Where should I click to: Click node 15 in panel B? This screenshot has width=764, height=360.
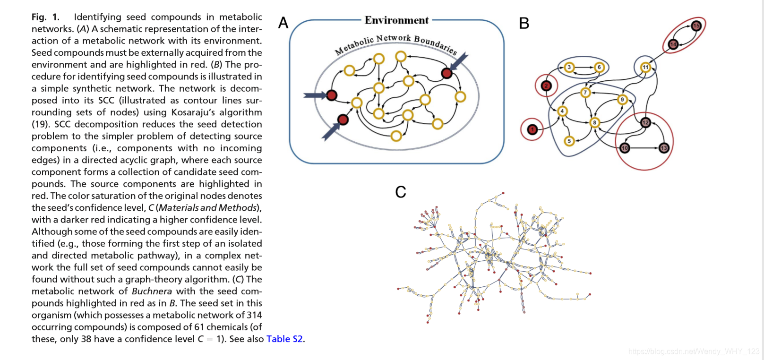pos(696,26)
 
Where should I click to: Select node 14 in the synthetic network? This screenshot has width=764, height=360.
pos(673,44)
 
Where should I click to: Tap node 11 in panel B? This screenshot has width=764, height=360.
pos(645,67)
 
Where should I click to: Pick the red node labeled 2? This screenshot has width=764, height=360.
pos(546,86)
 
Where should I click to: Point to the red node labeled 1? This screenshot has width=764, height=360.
pos(532,129)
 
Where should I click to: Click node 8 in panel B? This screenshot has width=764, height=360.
pos(594,122)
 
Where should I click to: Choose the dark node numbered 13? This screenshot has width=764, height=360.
pos(664,148)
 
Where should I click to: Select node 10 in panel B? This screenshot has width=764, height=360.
pos(625,148)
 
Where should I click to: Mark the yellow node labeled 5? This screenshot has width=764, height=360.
pos(569,141)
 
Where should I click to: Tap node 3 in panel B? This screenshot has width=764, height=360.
pos(569,67)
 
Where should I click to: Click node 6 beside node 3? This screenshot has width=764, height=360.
pos(599,67)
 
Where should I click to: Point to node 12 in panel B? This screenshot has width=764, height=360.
pos(645,123)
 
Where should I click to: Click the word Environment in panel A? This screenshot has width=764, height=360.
pos(396,20)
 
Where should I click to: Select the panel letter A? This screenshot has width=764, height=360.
pos(283,23)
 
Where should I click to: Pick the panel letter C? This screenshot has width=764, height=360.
pos(401,192)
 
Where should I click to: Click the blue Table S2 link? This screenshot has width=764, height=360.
pos(284,339)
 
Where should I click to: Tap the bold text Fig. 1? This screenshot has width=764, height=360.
pos(45,17)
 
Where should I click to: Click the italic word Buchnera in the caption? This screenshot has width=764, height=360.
pos(152,291)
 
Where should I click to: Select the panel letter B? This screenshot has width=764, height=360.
pos(524,23)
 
